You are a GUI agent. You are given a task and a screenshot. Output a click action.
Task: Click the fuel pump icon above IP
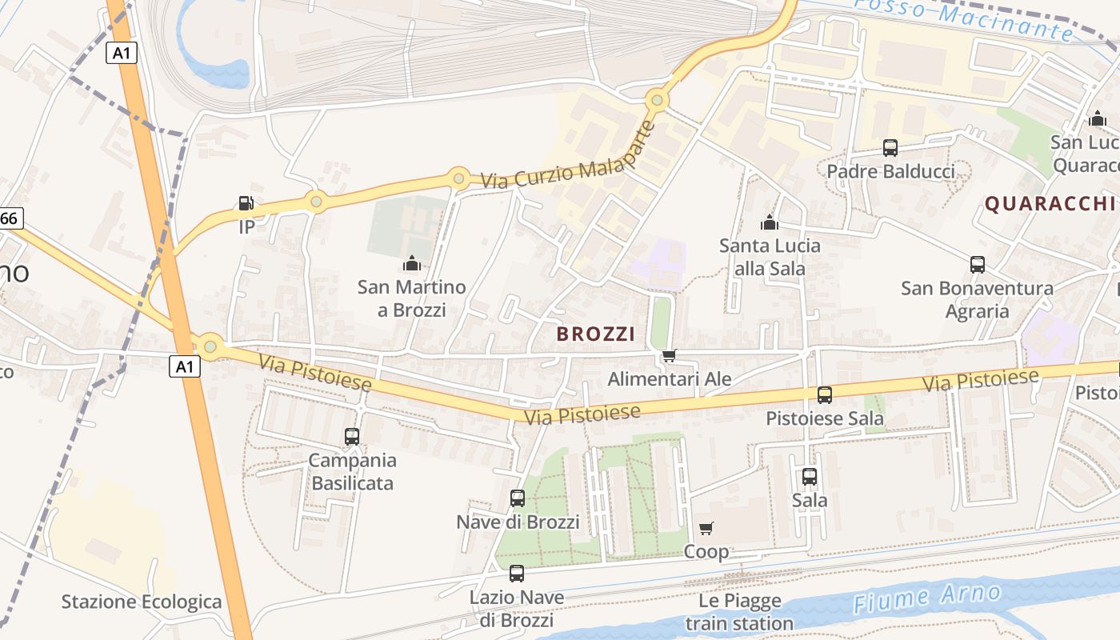pyautogui.click(x=247, y=203)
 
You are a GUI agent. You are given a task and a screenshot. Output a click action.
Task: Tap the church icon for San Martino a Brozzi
pyautogui.click(x=411, y=262)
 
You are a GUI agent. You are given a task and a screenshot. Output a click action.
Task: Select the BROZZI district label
pyautogui.click(x=595, y=334)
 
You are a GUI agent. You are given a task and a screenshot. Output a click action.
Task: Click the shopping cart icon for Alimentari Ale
pyautogui.click(x=669, y=356)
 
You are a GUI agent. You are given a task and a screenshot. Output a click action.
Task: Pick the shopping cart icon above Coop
pyautogui.click(x=706, y=528)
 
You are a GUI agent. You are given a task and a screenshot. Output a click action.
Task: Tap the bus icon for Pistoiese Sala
pyautogui.click(x=824, y=394)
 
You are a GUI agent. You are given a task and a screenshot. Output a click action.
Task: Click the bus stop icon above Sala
pyautogui.click(x=810, y=477)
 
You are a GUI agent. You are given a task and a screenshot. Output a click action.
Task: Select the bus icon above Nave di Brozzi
pyautogui.click(x=518, y=498)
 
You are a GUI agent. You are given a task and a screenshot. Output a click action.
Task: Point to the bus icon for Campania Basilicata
pyautogui.click(x=352, y=437)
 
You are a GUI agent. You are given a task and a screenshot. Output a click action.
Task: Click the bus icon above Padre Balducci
pyautogui.click(x=890, y=148)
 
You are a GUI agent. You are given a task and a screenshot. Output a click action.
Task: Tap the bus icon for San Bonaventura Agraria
pyautogui.click(x=977, y=265)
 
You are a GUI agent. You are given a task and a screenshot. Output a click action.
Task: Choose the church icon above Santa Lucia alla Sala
pyautogui.click(x=770, y=222)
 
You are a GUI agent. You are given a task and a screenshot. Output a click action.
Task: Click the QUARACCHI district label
pyautogui.click(x=1050, y=204)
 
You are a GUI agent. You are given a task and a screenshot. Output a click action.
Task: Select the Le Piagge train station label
pyautogui.click(x=739, y=612)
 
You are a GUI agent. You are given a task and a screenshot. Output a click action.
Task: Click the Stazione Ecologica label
pyautogui.click(x=142, y=602)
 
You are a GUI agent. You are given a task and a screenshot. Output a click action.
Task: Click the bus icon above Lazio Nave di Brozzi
pyautogui.click(x=517, y=574)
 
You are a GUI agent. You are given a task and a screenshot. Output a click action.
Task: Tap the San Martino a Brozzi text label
pyautogui.click(x=411, y=298)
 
